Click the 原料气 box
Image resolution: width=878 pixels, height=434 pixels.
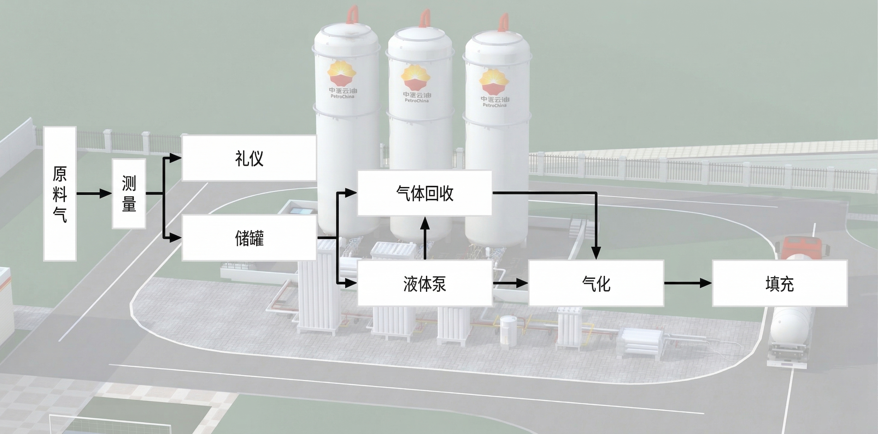pyautogui.click(x=60, y=194)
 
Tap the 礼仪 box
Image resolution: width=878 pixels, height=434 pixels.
pyautogui.click(x=249, y=158)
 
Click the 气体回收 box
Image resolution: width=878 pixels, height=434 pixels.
pyautogui.click(x=424, y=193)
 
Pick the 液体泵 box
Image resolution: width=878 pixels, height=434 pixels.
pyautogui.click(x=424, y=283)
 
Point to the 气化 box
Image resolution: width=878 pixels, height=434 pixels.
pyautogui.click(x=596, y=283)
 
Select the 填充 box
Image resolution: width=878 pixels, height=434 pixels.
pyautogui.click(x=779, y=283)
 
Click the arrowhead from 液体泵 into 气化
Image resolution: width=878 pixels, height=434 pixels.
pyautogui.click(x=522, y=283)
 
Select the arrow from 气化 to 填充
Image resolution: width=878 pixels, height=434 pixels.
pyautogui.click(x=688, y=283)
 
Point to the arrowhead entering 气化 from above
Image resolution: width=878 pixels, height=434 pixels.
pyautogui.click(x=596, y=252)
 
